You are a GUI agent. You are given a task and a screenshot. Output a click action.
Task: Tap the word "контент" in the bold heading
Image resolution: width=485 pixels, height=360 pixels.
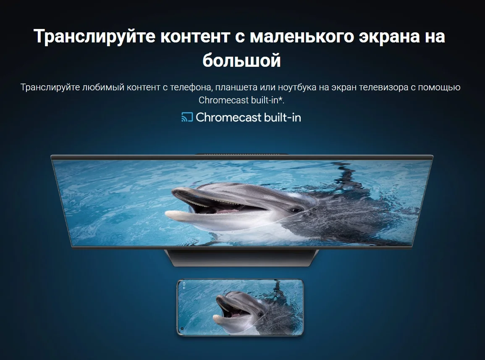(x=195, y=36)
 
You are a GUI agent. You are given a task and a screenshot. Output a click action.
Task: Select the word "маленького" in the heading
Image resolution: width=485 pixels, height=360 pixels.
(x=301, y=36)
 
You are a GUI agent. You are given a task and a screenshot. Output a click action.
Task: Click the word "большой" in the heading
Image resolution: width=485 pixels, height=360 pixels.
(x=241, y=60)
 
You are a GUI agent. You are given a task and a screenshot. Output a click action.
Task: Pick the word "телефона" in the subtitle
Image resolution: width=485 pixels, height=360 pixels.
(x=191, y=88)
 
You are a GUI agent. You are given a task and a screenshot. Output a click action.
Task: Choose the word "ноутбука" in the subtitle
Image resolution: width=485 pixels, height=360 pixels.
(x=297, y=88)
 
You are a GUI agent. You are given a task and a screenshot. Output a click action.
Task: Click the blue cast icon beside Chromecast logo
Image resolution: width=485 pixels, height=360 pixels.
(x=187, y=117)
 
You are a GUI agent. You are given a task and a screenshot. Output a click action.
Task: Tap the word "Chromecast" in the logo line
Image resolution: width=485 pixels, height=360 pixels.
(x=228, y=117)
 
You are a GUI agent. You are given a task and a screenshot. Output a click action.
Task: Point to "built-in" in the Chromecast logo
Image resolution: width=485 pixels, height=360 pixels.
(x=282, y=117)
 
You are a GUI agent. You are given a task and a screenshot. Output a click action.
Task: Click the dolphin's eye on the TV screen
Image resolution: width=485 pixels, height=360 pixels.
(x=296, y=210)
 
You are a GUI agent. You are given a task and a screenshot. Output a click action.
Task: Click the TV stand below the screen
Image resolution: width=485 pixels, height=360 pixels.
(x=241, y=258)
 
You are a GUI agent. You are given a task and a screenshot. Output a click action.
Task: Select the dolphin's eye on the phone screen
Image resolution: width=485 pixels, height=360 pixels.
(x=260, y=315)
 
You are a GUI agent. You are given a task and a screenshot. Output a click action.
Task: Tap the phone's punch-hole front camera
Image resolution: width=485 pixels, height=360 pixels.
(x=183, y=328)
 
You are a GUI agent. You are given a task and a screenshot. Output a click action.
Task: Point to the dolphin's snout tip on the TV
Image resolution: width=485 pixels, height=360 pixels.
(x=168, y=214)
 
